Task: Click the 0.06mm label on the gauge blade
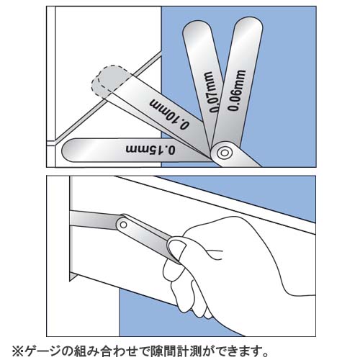pyautogui.click(x=236, y=91)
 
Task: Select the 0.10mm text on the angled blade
pyautogui.click(x=170, y=114)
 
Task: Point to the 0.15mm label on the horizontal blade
pyautogui.click(x=150, y=149)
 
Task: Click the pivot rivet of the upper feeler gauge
pyautogui.click(x=224, y=153)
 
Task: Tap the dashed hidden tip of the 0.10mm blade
pyautogui.click(x=110, y=80)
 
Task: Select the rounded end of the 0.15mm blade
pyautogui.click(x=70, y=150)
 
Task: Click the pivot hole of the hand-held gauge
pyautogui.click(x=123, y=225)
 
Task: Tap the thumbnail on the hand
pyautogui.click(x=177, y=246)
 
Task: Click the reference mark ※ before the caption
pyautogui.click(x=17, y=351)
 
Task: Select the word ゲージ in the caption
pyautogui.click(x=43, y=351)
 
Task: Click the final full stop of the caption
pyautogui.click(x=264, y=355)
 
